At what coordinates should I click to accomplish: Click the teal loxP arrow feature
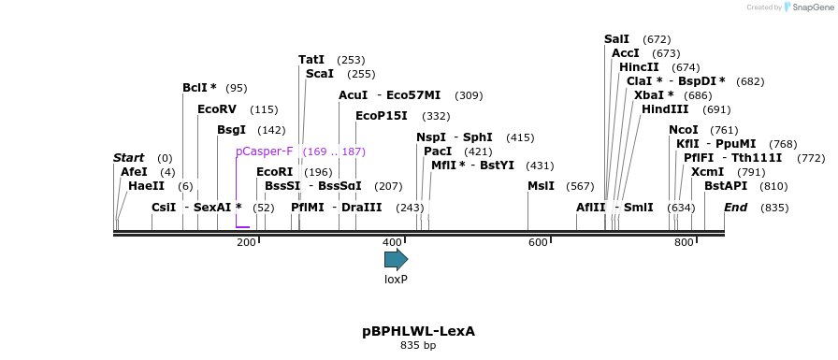(x=396, y=259)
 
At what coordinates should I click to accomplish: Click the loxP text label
(x=396, y=279)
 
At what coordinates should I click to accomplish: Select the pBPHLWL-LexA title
(x=418, y=331)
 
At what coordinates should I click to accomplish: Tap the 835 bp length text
(x=418, y=346)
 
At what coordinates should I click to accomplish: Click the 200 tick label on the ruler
(x=246, y=243)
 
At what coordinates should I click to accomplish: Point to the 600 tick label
(x=538, y=243)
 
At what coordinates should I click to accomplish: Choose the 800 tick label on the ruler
(x=684, y=243)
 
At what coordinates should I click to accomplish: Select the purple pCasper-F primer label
(x=264, y=151)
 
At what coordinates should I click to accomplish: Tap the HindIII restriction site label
(x=665, y=109)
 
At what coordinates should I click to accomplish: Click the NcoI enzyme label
(x=684, y=130)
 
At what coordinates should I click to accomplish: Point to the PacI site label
(x=438, y=151)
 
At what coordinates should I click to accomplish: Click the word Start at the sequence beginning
(x=129, y=158)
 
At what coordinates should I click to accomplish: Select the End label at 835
(x=735, y=207)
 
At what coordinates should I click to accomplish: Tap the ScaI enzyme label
(x=319, y=74)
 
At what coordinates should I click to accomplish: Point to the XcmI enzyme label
(x=707, y=172)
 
